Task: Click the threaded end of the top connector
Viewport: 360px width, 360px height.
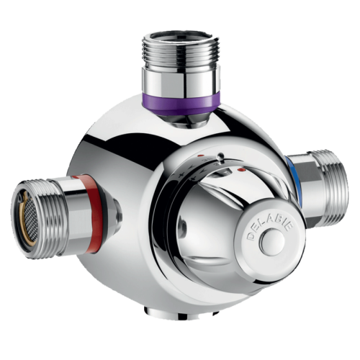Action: (x=177, y=51)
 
